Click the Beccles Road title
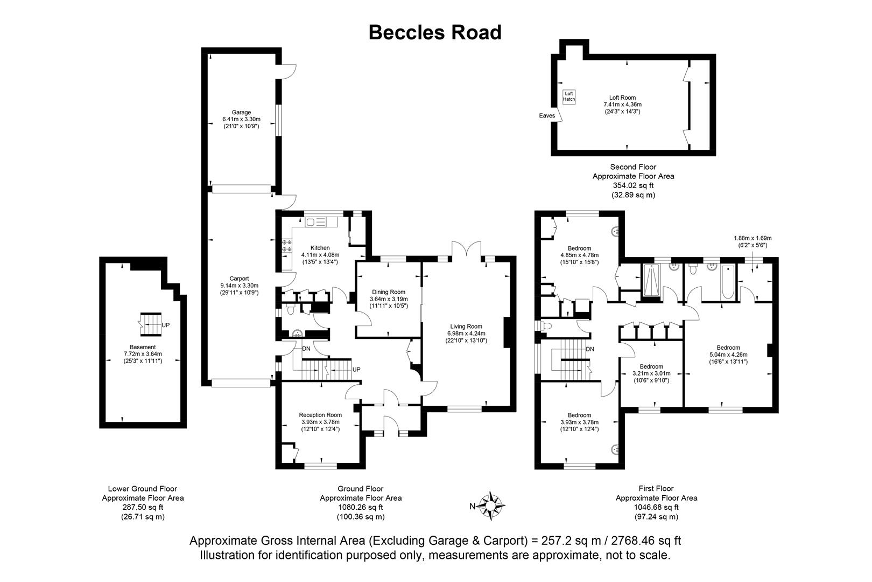click(x=435, y=32)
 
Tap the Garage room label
click(x=241, y=112)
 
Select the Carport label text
click(x=239, y=279)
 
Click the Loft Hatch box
click(x=569, y=96)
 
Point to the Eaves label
click(x=547, y=116)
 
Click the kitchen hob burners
click(x=286, y=246)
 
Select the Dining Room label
click(x=389, y=292)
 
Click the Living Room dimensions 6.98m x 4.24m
click(x=466, y=334)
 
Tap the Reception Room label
click(x=320, y=415)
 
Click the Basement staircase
click(x=151, y=324)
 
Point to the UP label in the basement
click(x=166, y=325)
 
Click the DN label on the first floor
click(x=590, y=349)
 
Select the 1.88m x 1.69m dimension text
click(x=753, y=238)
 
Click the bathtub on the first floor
click(x=728, y=282)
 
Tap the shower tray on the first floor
click(x=651, y=280)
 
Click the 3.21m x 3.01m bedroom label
click(x=651, y=373)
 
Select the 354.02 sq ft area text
click(x=634, y=185)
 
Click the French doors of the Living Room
click(x=466, y=250)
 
